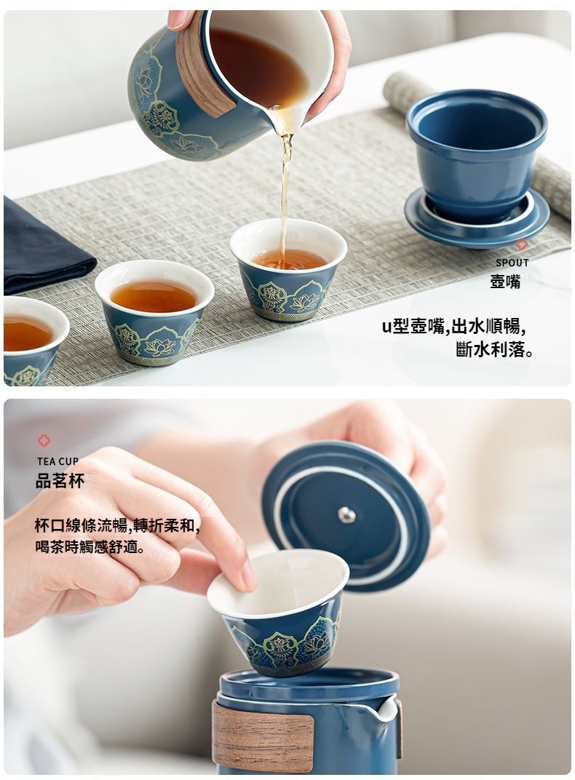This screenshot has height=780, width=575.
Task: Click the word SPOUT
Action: click(x=512, y=263)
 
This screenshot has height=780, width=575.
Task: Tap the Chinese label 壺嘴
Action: click(x=505, y=282)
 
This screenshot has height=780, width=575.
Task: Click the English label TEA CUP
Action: click(x=57, y=461)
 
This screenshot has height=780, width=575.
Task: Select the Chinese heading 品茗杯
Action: click(x=60, y=480)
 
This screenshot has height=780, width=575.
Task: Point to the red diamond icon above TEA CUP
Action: click(x=44, y=440)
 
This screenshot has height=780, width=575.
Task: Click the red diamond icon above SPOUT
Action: click(x=521, y=244)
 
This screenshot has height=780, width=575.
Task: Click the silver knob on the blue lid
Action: click(x=346, y=515)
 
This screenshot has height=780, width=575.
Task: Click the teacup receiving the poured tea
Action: click(x=288, y=268)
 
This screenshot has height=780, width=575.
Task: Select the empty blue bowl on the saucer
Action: click(x=477, y=154)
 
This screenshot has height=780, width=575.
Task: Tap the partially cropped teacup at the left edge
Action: click(x=33, y=341)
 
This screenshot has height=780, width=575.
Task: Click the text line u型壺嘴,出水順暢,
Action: click(x=453, y=326)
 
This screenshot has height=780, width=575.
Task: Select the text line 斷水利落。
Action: click(x=495, y=350)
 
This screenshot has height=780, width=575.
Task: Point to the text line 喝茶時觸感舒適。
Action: click(x=90, y=547)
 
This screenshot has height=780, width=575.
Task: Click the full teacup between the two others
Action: click(x=154, y=311)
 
